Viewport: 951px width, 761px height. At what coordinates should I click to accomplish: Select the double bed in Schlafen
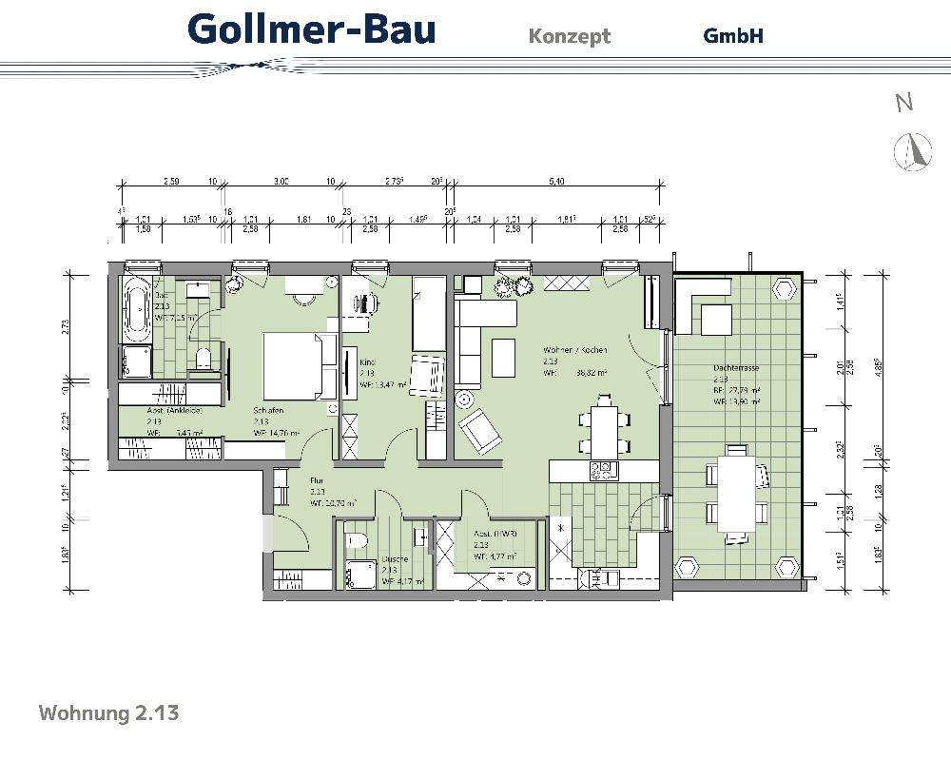point(291,365)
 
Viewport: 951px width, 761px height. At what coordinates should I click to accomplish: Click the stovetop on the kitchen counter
point(602,470)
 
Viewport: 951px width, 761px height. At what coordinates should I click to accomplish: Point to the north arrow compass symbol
point(910,151)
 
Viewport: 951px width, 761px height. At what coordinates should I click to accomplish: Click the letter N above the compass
point(904,104)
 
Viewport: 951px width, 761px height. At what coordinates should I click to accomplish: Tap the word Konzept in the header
point(569,36)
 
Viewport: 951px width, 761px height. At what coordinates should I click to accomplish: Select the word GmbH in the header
point(733,36)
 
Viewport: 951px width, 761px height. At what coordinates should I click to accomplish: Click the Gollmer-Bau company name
point(312,29)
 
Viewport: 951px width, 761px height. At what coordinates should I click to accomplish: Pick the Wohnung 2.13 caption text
point(108,712)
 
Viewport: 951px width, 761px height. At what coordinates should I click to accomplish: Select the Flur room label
point(317,481)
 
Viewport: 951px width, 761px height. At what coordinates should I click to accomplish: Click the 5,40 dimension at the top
point(557,181)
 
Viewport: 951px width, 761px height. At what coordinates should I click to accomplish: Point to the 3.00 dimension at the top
point(281,181)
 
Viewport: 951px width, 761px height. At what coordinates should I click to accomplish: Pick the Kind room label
point(367,361)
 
